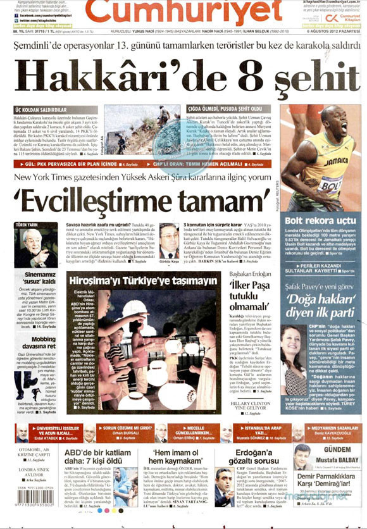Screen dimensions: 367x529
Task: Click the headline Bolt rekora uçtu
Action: click(x=319, y=220)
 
